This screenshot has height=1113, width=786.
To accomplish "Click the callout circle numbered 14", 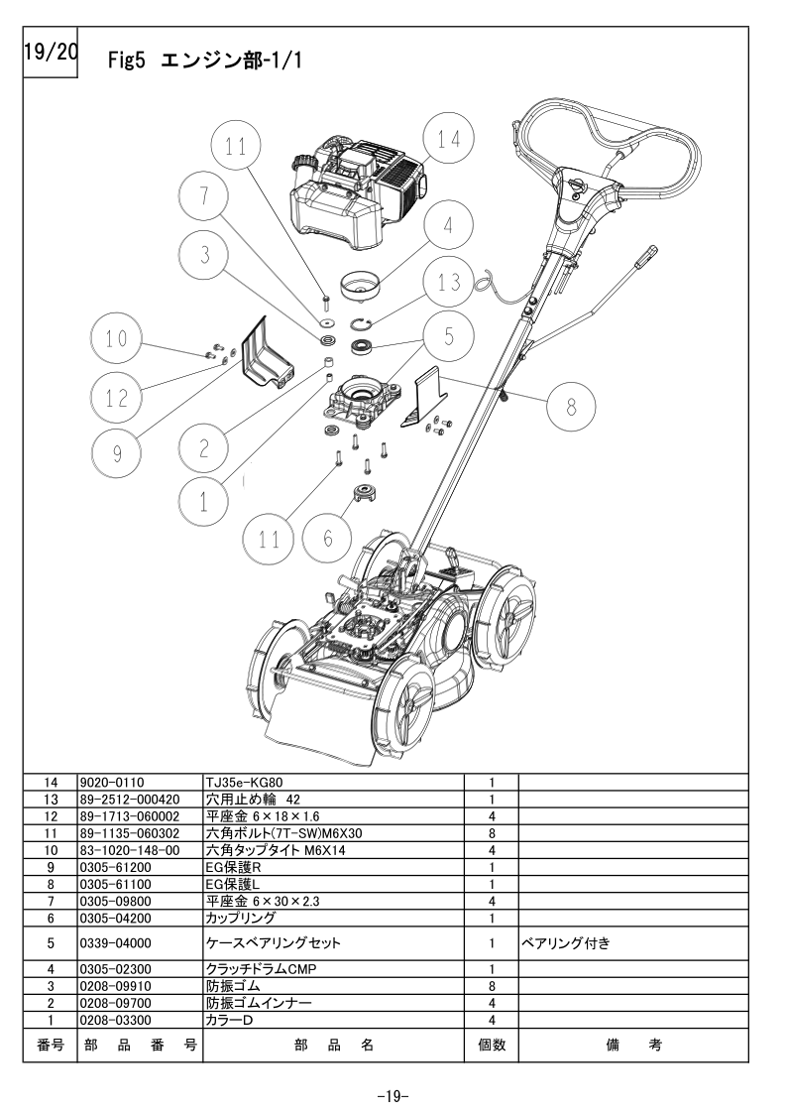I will coord(449,140).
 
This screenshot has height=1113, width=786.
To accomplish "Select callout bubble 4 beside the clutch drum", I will coord(448,225).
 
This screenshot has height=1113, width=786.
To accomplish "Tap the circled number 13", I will coord(449,282).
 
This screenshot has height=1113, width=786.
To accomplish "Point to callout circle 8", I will coord(569,405).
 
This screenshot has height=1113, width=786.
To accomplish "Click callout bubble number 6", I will coord(329,539).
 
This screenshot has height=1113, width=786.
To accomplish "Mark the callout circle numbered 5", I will coord(449,337).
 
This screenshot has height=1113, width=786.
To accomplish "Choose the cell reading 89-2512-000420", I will coord(129,799).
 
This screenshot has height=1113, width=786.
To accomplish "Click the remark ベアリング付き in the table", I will coord(565,943).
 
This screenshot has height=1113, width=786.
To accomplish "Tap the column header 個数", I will coord(492,1045).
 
